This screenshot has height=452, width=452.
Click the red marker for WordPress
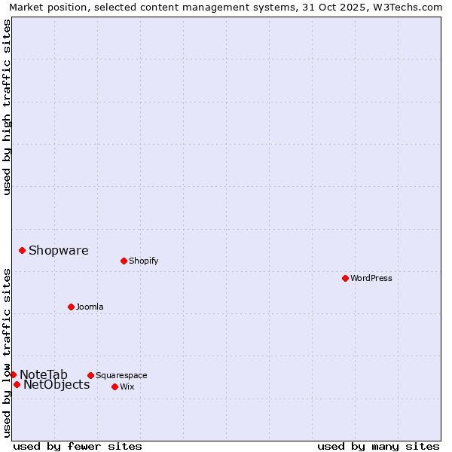coord(345,278)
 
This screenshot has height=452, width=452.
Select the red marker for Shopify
coord(124,261)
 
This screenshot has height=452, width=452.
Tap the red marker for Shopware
coord(22,250)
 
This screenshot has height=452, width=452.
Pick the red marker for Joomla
coord(71,307)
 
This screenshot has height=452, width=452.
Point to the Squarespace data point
coord(90,375)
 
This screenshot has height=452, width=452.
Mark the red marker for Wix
coord(115,386)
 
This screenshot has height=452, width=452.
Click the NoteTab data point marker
coord(13,374)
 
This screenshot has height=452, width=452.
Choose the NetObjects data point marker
coord(17,384)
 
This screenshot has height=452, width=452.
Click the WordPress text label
coord(371,278)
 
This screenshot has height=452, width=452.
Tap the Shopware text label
coord(58,250)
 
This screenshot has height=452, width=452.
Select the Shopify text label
coord(143,261)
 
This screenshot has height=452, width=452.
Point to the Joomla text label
coord(90,307)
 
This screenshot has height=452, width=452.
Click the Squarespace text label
coord(121,375)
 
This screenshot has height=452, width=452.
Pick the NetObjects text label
coord(56,385)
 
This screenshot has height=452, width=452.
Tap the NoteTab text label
coord(44,374)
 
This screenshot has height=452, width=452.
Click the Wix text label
coord(127,386)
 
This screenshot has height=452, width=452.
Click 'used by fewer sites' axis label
coord(78,446)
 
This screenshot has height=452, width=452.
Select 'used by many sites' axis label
coord(377,446)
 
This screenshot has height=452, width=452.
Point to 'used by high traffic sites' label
coord(7,107)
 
